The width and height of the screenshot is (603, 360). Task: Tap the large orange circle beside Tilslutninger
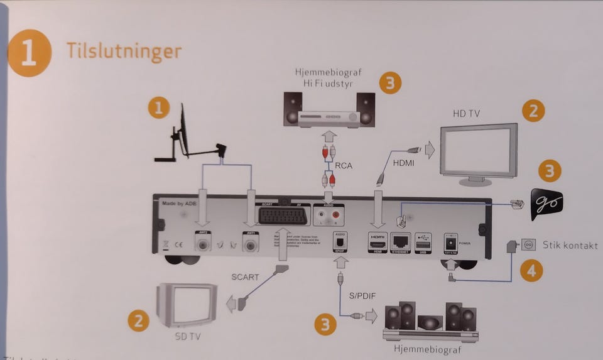(30, 53)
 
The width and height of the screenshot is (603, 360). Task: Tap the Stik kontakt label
(570, 245)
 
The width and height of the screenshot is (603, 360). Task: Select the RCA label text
(342, 166)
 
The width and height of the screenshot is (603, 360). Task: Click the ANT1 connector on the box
(251, 241)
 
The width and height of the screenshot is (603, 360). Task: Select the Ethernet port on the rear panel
(400, 240)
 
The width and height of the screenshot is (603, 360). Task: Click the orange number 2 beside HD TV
(533, 111)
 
